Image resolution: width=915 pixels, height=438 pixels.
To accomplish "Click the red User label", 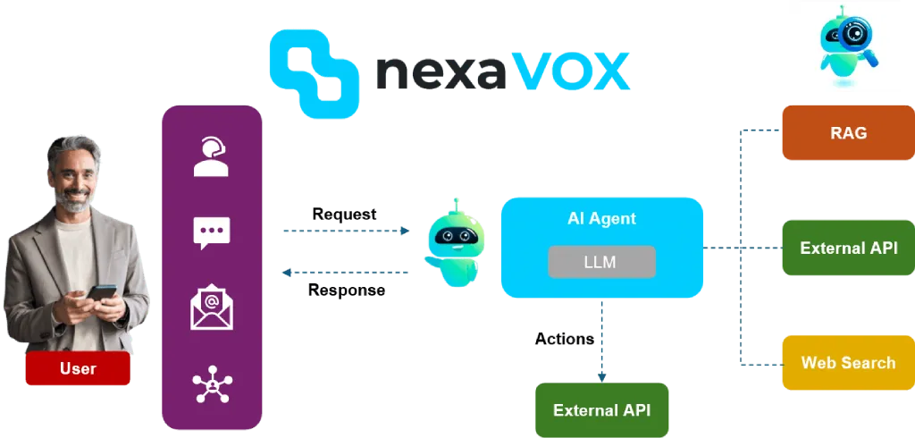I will coord(78,368).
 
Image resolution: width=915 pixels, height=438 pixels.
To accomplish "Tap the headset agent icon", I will coord(211,157).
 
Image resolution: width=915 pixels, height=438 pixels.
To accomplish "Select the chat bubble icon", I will coord(212,233).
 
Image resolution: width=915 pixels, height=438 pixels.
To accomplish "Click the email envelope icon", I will coord(212,307).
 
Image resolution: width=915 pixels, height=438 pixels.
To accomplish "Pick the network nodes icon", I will coord(212,384).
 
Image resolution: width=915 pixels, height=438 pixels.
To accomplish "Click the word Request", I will coord(342,215).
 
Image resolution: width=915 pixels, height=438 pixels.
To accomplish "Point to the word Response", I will coord(347,291).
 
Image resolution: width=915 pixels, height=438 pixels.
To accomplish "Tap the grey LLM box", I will coord(600,262).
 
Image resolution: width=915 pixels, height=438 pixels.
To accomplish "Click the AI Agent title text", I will coord(601,218).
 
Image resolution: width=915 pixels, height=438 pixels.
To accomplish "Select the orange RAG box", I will coord(848,133).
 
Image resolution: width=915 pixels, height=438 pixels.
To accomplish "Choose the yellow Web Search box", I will coord(848,363).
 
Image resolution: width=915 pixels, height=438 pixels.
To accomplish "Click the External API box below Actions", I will coord(600,410).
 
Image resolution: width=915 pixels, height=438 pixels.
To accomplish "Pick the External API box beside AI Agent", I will coord(848,248).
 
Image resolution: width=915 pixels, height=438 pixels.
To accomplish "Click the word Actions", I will coord(564,341).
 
